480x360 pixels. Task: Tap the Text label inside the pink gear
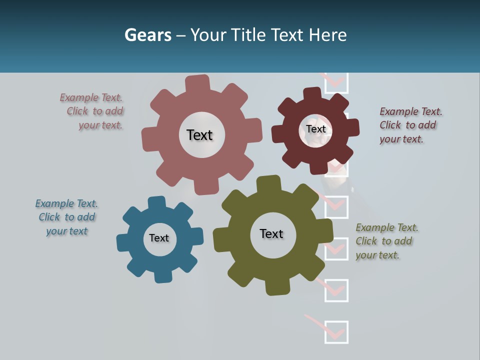coord(199,135)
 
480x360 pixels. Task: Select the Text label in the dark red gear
coord(315,129)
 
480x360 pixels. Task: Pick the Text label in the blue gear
coord(159,238)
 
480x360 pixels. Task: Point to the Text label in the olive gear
coord(271,233)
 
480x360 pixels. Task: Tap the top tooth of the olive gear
coord(268,184)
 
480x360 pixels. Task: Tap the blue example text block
coord(66,217)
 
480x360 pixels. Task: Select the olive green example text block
coord(385,241)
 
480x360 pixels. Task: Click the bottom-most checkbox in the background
coord(336,332)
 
